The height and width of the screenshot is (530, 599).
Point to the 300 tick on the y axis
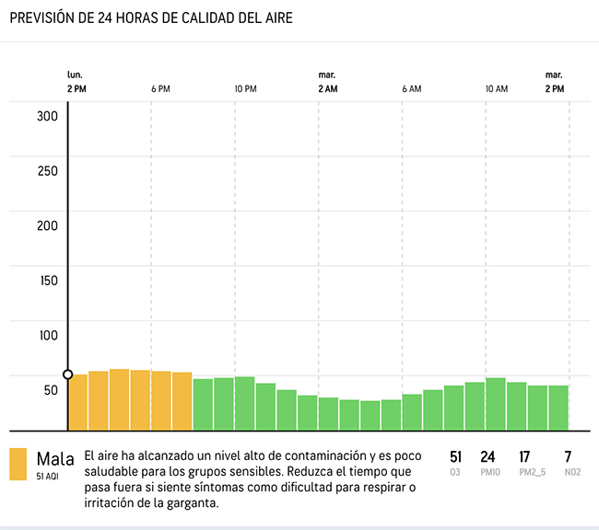pyautogui.click(x=48, y=116)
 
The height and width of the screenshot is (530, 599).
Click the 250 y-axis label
pyautogui.click(x=48, y=171)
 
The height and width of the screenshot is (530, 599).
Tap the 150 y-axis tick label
pyautogui.click(x=48, y=281)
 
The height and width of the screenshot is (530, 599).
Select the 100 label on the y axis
pyautogui.click(x=48, y=335)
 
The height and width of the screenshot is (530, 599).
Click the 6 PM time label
pyautogui.click(x=160, y=89)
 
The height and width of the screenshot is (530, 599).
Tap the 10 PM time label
pyautogui.click(x=245, y=89)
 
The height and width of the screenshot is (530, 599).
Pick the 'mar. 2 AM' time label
pyautogui.click(x=327, y=82)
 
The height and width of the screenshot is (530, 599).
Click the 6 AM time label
pyautogui.click(x=412, y=89)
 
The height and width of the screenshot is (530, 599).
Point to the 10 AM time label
pyautogui.click(x=497, y=89)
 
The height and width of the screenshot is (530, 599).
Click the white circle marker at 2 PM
pyautogui.click(x=67, y=374)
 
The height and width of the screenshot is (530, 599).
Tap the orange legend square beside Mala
pyautogui.click(x=18, y=465)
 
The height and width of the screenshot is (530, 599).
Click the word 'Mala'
pyautogui.click(x=55, y=458)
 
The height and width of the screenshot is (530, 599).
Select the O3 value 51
pyautogui.click(x=455, y=457)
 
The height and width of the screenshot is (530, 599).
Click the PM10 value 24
pyautogui.click(x=488, y=457)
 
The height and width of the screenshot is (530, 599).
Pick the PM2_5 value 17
pyautogui.click(x=524, y=457)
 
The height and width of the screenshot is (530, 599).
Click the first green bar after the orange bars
pyautogui.click(x=203, y=404)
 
